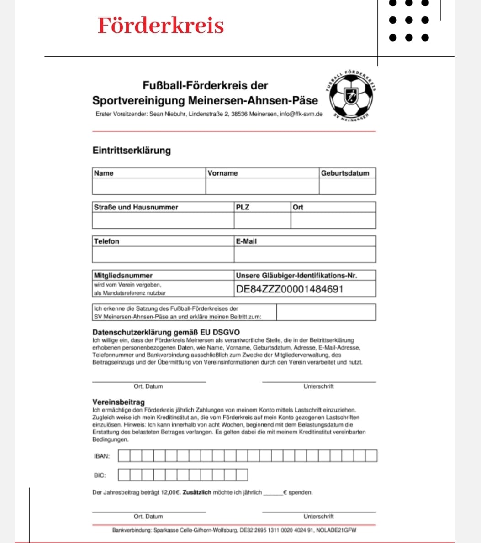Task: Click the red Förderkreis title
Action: tap(161, 26)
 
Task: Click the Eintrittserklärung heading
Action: tap(132, 150)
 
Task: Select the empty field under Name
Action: tap(149, 186)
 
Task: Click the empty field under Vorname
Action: tap(262, 186)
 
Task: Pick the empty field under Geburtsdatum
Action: tap(347, 186)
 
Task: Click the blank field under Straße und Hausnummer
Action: tap(163, 220)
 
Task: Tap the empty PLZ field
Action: tap(262, 220)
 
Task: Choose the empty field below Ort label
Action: tap(333, 220)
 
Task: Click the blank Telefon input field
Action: tap(163, 255)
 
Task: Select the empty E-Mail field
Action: tap(305, 255)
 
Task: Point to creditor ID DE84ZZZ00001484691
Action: tap(290, 289)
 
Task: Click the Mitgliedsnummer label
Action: tap(123, 275)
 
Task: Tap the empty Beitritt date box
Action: tap(326, 312)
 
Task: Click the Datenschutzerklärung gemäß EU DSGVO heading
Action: tap(166, 332)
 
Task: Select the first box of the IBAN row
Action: tap(124, 455)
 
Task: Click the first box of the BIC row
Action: tap(124, 475)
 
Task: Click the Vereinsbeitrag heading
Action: tap(118, 402)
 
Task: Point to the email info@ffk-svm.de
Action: tap(301, 114)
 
